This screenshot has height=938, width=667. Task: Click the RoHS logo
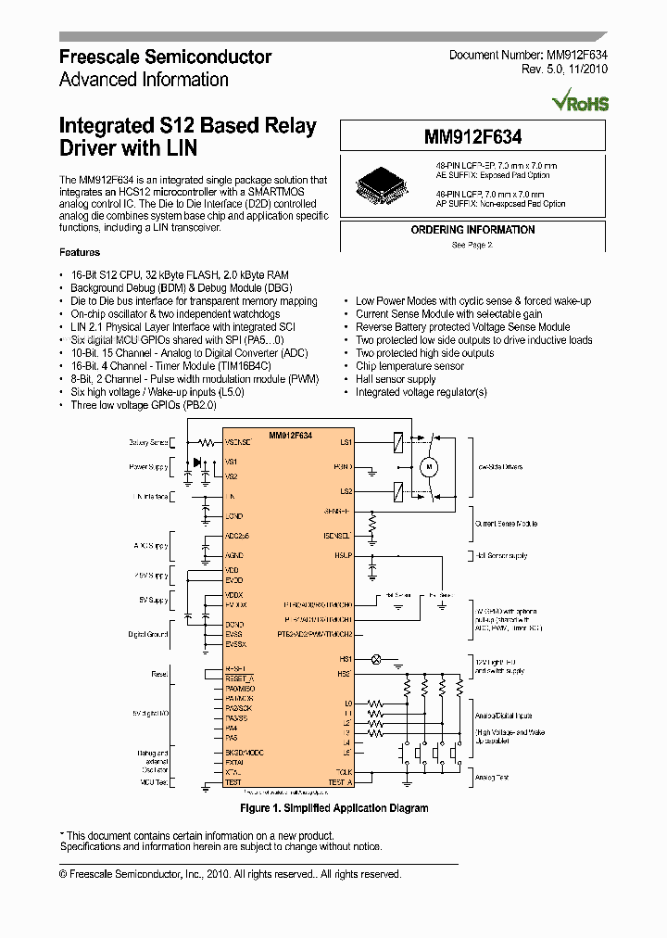click(x=580, y=102)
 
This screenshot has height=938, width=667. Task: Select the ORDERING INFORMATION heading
click(x=472, y=230)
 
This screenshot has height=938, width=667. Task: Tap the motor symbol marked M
click(x=429, y=468)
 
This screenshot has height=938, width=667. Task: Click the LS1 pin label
click(x=346, y=443)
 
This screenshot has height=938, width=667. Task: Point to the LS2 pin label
click(x=346, y=491)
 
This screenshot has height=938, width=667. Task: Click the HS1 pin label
click(x=345, y=659)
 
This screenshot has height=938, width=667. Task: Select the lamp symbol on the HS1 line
click(x=376, y=659)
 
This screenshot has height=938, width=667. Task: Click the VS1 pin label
click(x=232, y=462)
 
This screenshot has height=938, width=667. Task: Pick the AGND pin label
click(x=234, y=555)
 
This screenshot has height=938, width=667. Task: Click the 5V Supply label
click(x=154, y=601)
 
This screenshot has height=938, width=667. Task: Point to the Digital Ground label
click(x=148, y=635)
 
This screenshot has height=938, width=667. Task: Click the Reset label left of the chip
click(x=159, y=674)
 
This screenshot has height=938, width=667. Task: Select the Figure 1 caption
click(x=333, y=808)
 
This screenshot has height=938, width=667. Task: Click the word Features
click(x=80, y=252)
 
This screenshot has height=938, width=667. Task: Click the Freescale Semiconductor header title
click(x=165, y=57)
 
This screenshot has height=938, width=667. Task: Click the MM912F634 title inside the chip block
click(x=290, y=435)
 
